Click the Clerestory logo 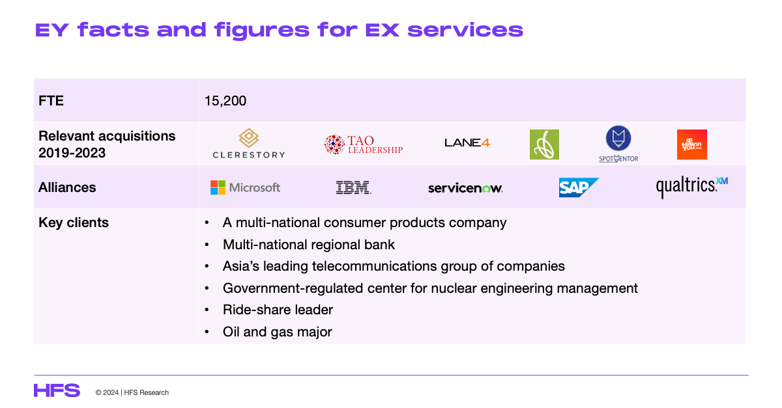249,143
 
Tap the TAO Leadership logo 364,144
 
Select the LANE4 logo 467,143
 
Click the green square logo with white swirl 544,144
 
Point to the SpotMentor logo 618,144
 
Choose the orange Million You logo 692,144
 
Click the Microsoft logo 245,187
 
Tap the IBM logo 353,187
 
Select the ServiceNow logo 465,188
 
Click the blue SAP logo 579,187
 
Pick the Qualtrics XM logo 692,187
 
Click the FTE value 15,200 225,101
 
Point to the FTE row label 51,101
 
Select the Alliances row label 67,187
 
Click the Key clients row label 73,223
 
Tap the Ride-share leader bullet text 278,310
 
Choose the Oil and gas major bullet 277,332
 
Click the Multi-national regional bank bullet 309,245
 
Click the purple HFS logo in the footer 57,390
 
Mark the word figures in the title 262,31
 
